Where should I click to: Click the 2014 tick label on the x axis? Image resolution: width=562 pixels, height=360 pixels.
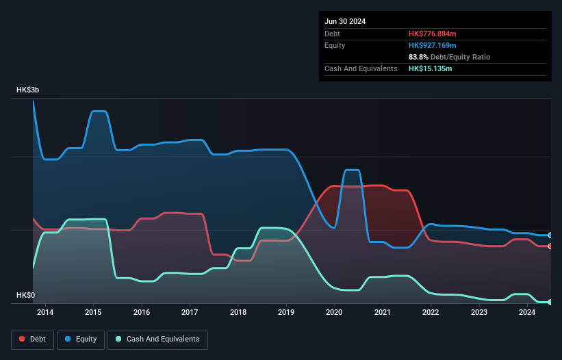(45, 312)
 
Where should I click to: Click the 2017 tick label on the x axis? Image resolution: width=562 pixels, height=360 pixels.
(190, 312)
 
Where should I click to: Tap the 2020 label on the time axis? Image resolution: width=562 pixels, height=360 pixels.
(334, 312)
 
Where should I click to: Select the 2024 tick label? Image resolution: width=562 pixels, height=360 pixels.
(527, 312)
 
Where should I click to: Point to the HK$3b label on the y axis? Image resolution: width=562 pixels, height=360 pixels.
(28, 90)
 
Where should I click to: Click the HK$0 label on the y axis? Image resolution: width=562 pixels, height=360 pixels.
(26, 295)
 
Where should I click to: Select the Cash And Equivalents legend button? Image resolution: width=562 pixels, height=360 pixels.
(157, 339)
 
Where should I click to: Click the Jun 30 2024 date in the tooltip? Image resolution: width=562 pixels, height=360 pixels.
(345, 21)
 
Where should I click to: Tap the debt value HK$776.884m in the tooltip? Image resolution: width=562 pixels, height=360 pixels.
(432, 34)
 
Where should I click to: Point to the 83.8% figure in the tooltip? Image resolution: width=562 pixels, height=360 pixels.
(418, 57)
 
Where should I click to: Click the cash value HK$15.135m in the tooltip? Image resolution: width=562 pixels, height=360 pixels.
(430, 68)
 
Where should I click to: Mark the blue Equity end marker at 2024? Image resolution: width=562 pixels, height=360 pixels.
(550, 235)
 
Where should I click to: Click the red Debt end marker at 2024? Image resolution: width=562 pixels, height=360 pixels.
(550, 246)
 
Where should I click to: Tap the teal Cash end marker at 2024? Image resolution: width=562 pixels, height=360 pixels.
(550, 302)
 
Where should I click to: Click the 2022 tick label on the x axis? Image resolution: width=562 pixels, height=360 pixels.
(431, 312)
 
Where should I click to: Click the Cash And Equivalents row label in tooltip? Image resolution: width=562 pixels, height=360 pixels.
(361, 68)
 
